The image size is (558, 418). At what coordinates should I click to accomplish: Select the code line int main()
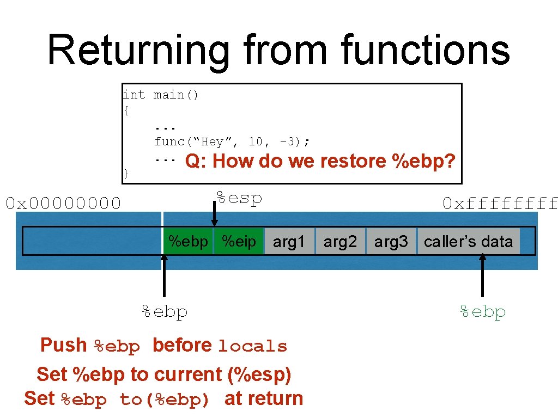click(x=161, y=95)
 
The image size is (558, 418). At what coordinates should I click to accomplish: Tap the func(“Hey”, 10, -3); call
click(x=232, y=142)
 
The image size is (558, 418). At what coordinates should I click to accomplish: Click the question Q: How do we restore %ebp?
click(x=320, y=162)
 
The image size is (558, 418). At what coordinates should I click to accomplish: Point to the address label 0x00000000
click(x=63, y=204)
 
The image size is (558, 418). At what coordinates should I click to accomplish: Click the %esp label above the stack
click(x=239, y=198)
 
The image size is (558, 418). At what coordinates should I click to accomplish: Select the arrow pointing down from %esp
click(x=214, y=215)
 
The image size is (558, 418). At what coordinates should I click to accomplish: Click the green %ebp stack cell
click(x=188, y=241)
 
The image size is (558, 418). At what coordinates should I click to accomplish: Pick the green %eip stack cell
click(x=239, y=241)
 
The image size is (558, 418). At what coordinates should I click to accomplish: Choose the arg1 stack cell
click(x=289, y=242)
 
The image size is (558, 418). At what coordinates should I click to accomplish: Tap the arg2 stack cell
click(x=340, y=242)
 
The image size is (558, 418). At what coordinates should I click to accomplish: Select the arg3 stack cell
click(x=391, y=242)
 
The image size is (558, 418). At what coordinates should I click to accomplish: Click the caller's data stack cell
click(x=468, y=242)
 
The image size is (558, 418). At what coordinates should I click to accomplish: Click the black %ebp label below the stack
click(x=165, y=312)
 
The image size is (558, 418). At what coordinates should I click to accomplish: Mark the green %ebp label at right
click(x=483, y=312)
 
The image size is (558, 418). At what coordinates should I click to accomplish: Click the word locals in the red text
click(x=252, y=347)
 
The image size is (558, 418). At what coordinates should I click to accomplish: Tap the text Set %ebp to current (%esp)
click(x=163, y=374)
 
